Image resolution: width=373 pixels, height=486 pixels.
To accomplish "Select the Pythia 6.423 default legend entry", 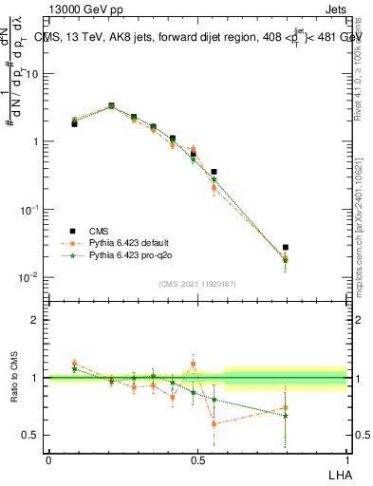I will coord(124,243).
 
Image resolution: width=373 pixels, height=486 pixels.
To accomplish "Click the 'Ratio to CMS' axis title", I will coord(14,378).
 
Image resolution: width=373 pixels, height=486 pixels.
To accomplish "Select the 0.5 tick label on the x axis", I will coord(197,459).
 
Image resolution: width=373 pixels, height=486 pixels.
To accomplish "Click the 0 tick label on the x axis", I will coord(48,459).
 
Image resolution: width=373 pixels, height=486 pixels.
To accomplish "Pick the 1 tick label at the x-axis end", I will coord(346,459).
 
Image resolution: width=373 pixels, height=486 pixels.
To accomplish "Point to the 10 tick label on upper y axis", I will coord(32,73).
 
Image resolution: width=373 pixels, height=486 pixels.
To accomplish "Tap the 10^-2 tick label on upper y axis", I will coord(30,277).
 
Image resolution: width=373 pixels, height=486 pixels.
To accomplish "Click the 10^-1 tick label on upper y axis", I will coord(30,209).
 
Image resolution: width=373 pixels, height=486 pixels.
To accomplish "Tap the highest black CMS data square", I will coord(111,106).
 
